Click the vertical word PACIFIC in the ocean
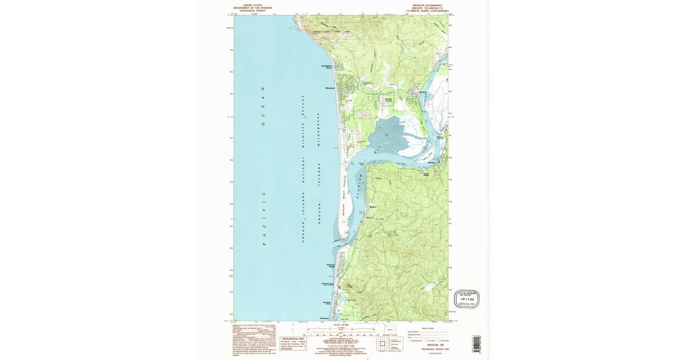click(x=264, y=218)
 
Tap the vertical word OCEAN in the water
click(x=264, y=106)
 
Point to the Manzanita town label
click(x=330, y=88)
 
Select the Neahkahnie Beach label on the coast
click(x=325, y=67)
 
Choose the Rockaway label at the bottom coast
click(x=324, y=318)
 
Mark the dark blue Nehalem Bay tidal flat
click(x=389, y=137)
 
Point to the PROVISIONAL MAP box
click(x=293, y=342)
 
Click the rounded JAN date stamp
click(x=466, y=298)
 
